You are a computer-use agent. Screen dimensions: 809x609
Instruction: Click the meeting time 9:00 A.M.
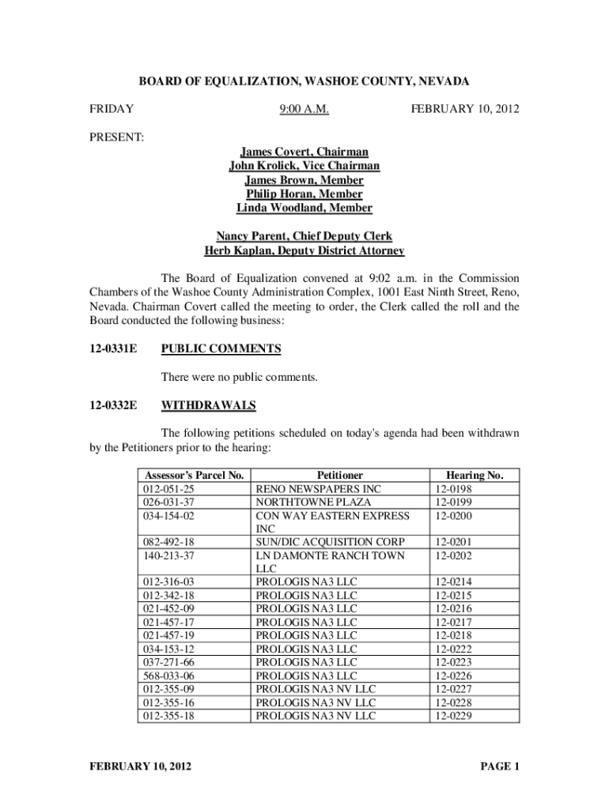click(304, 108)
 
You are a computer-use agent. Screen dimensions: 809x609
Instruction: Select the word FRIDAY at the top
click(111, 108)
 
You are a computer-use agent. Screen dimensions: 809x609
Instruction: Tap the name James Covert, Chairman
click(304, 152)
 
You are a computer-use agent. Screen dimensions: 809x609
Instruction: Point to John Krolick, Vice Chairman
click(304, 166)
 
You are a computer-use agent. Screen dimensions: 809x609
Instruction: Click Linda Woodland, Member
click(304, 208)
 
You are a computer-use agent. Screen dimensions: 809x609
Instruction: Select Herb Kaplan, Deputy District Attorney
click(304, 251)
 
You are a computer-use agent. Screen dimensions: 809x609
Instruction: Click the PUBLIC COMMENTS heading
click(221, 348)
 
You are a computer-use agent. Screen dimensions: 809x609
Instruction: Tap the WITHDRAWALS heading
click(209, 405)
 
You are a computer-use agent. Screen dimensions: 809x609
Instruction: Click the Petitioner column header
click(340, 476)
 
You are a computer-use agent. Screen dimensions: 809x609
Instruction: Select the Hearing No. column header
click(475, 476)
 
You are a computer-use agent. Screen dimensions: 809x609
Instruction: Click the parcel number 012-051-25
click(168, 489)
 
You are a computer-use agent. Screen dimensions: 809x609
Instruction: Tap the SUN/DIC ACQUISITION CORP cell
click(331, 542)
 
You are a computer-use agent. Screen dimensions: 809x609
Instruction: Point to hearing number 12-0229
click(455, 716)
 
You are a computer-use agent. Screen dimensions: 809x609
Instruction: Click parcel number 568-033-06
click(168, 676)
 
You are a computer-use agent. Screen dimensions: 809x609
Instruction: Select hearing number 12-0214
click(455, 582)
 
